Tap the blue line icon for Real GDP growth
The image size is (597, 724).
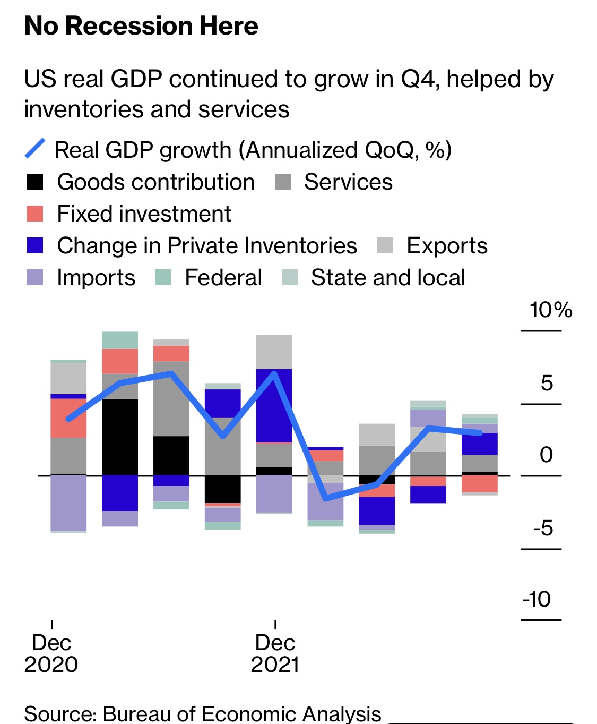[x=35, y=149]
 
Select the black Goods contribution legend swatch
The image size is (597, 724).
[x=35, y=182]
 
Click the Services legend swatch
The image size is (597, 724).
[x=283, y=182]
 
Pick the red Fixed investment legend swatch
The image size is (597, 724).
[x=35, y=214]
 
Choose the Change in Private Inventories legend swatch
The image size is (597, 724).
[x=35, y=245]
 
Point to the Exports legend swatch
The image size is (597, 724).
[x=385, y=245]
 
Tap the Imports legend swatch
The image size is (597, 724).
[x=35, y=277]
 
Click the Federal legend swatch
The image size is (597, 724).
[x=163, y=277]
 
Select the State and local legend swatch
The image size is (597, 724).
[x=290, y=277]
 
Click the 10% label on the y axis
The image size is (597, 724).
[x=550, y=310]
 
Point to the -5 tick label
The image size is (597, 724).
[x=543, y=528]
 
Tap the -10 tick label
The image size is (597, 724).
[x=537, y=599]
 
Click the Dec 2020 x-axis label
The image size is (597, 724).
[x=51, y=653]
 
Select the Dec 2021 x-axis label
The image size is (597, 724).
[x=275, y=653]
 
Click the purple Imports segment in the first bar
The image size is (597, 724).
[x=68, y=502]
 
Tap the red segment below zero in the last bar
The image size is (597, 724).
[x=480, y=483]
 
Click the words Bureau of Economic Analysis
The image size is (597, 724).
[x=242, y=714]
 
